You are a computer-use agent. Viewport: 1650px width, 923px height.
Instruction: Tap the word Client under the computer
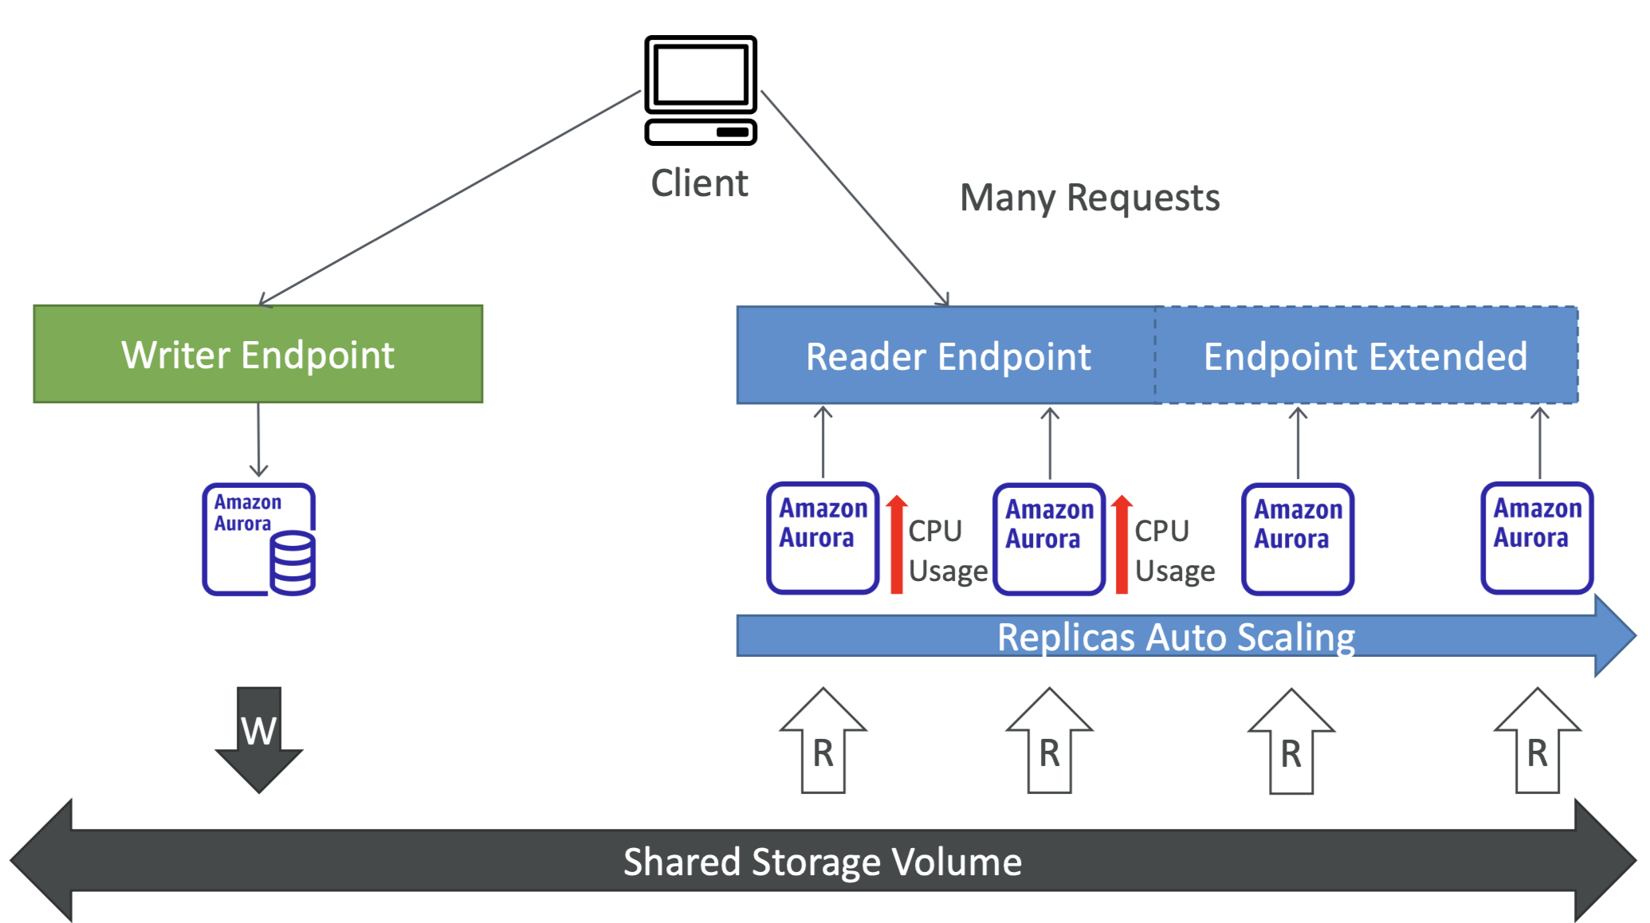click(x=700, y=183)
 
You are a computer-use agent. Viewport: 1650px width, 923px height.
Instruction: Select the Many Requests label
click(x=1090, y=198)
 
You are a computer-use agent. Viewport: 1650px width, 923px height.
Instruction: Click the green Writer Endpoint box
click(x=258, y=354)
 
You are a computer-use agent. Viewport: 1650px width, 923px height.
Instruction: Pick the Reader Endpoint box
click(x=947, y=355)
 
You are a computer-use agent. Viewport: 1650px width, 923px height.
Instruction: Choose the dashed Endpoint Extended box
click(x=1366, y=355)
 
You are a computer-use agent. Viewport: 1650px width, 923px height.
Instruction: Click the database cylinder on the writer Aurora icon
click(x=293, y=563)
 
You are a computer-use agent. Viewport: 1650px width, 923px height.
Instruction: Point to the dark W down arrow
click(x=259, y=739)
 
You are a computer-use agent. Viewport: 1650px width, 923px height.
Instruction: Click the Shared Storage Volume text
click(x=823, y=862)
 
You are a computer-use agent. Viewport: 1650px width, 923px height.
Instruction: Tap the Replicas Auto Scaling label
click(x=1177, y=637)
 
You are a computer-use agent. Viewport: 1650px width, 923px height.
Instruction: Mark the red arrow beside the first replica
click(x=897, y=544)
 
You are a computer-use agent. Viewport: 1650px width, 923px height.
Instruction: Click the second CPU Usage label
click(x=1175, y=551)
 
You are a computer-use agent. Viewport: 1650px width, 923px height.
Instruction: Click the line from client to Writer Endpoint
click(x=450, y=198)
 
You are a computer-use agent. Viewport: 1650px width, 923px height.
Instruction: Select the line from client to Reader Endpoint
click(x=855, y=198)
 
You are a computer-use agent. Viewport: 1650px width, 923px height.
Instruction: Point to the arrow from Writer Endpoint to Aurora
click(x=258, y=440)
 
